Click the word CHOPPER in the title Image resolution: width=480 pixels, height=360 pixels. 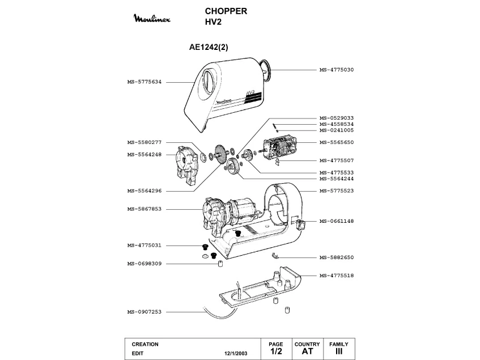tap(225, 11)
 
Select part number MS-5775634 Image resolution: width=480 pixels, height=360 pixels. tap(145, 82)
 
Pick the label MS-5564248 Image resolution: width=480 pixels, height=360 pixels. tap(145, 154)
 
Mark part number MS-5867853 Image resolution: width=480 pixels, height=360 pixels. tap(145, 209)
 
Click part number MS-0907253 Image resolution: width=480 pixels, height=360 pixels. tap(145, 311)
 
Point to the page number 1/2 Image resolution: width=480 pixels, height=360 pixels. tap(276, 351)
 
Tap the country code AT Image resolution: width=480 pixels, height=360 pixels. tap(307, 351)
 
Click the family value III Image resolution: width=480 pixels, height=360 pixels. tap(339, 351)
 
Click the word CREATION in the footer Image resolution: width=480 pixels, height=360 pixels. tap(145, 344)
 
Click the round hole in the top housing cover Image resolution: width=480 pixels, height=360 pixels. tap(207, 81)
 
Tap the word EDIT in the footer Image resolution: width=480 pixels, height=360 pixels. tap(138, 353)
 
